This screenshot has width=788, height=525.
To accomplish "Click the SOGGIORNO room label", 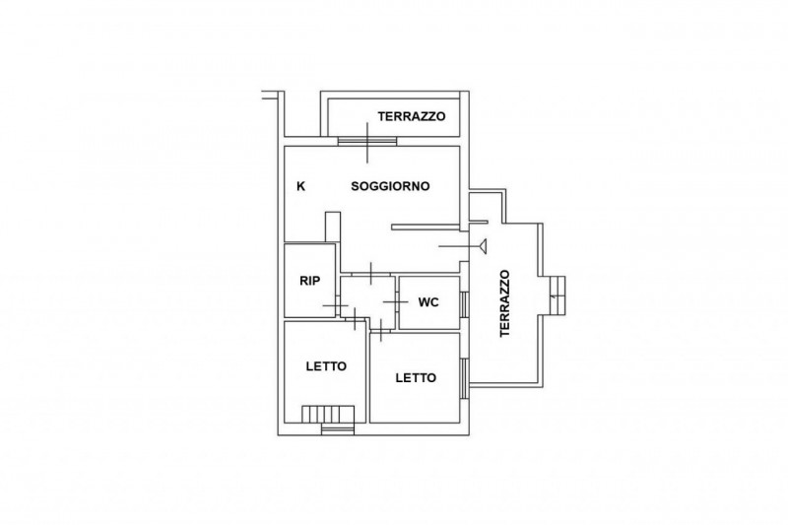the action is [x=390, y=186].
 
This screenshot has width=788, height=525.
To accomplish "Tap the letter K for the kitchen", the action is [x=301, y=186].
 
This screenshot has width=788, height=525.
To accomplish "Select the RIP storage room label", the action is [x=309, y=281].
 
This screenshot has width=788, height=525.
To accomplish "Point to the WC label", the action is [x=428, y=302].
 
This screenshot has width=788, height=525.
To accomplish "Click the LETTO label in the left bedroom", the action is [x=326, y=366].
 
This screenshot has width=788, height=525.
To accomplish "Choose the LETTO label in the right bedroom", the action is [x=416, y=378].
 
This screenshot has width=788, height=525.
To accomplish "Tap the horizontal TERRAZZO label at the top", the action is [x=412, y=116].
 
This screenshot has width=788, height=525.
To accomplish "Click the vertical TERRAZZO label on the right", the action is [x=504, y=303].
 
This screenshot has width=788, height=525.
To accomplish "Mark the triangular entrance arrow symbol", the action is [x=484, y=246].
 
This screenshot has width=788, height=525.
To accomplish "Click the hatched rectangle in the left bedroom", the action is [x=328, y=415].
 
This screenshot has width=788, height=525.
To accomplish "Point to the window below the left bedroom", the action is [x=338, y=428].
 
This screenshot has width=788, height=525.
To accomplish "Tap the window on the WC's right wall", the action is [x=465, y=304].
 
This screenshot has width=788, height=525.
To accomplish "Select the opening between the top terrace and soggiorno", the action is [x=367, y=141].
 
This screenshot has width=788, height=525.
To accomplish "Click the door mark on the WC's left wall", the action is [x=397, y=301].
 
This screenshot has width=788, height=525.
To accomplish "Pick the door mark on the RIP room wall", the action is [x=335, y=306].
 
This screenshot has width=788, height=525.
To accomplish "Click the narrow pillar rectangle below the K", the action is [x=333, y=227].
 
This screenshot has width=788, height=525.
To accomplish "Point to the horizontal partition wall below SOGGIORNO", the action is [x=427, y=228].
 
